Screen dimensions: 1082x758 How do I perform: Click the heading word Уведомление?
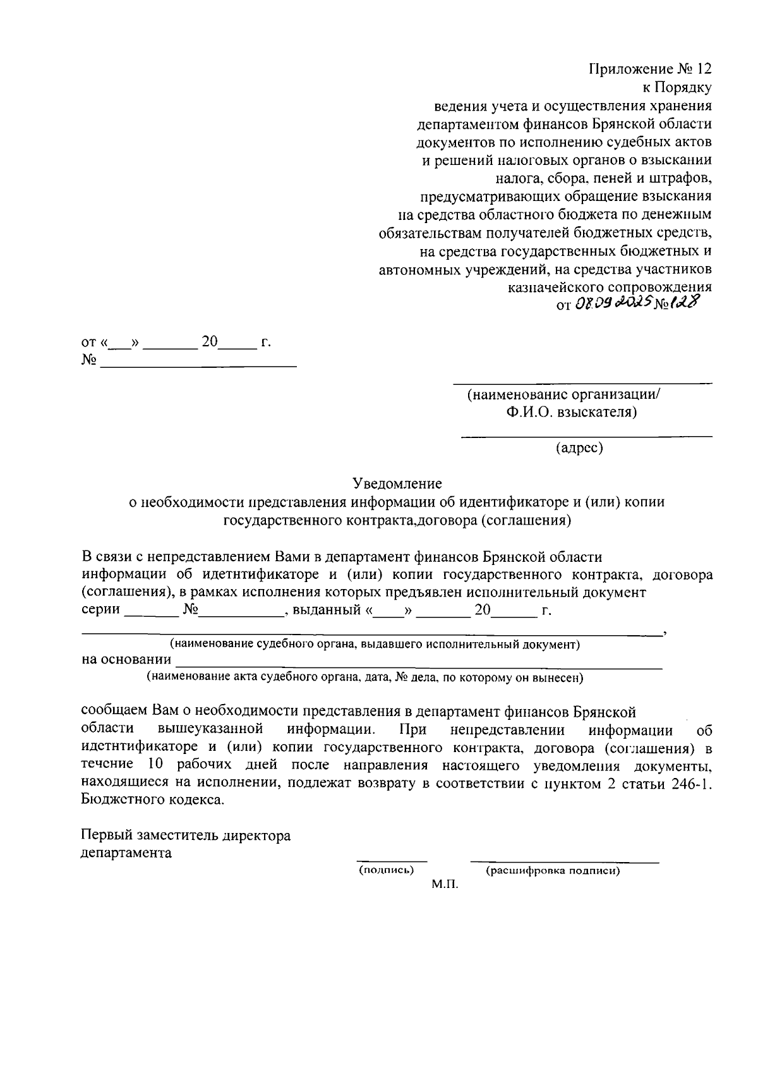[397, 483]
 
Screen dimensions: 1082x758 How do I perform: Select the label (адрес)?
[579, 448]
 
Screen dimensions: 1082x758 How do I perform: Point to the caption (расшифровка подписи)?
[553, 871]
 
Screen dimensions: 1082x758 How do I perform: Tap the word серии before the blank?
[101, 611]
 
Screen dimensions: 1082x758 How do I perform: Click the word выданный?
[325, 611]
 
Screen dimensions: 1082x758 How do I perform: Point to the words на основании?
[126, 660]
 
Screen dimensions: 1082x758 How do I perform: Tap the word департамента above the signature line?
[126, 853]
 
